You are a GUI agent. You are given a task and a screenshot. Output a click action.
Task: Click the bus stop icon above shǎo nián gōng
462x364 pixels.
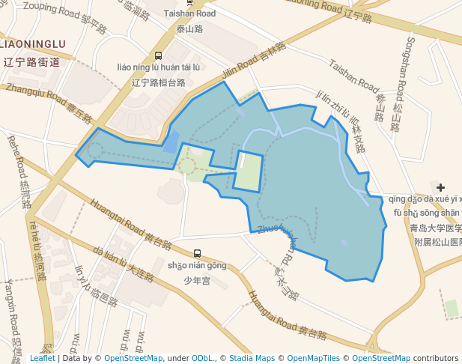click(197, 253)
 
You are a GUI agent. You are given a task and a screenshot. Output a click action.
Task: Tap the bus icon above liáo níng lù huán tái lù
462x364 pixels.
click(158, 55)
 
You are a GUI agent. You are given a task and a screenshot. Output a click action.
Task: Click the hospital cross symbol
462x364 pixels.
click(440, 187)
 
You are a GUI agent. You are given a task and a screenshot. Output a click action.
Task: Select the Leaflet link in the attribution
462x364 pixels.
click(42, 358)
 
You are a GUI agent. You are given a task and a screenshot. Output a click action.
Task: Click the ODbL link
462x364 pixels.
click(203, 358)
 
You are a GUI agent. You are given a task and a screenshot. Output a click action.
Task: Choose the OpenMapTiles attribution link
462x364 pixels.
click(313, 358)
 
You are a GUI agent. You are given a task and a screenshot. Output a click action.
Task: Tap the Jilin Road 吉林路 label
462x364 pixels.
click(254, 62)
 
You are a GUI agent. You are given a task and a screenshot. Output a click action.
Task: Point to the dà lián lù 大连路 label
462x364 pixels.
click(124, 265)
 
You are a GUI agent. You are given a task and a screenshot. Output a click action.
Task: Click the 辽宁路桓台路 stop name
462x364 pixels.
click(158, 82)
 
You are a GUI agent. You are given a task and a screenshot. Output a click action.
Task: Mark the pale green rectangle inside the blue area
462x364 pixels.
click(249, 171)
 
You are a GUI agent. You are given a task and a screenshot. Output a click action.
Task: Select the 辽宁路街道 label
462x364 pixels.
click(31, 63)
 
